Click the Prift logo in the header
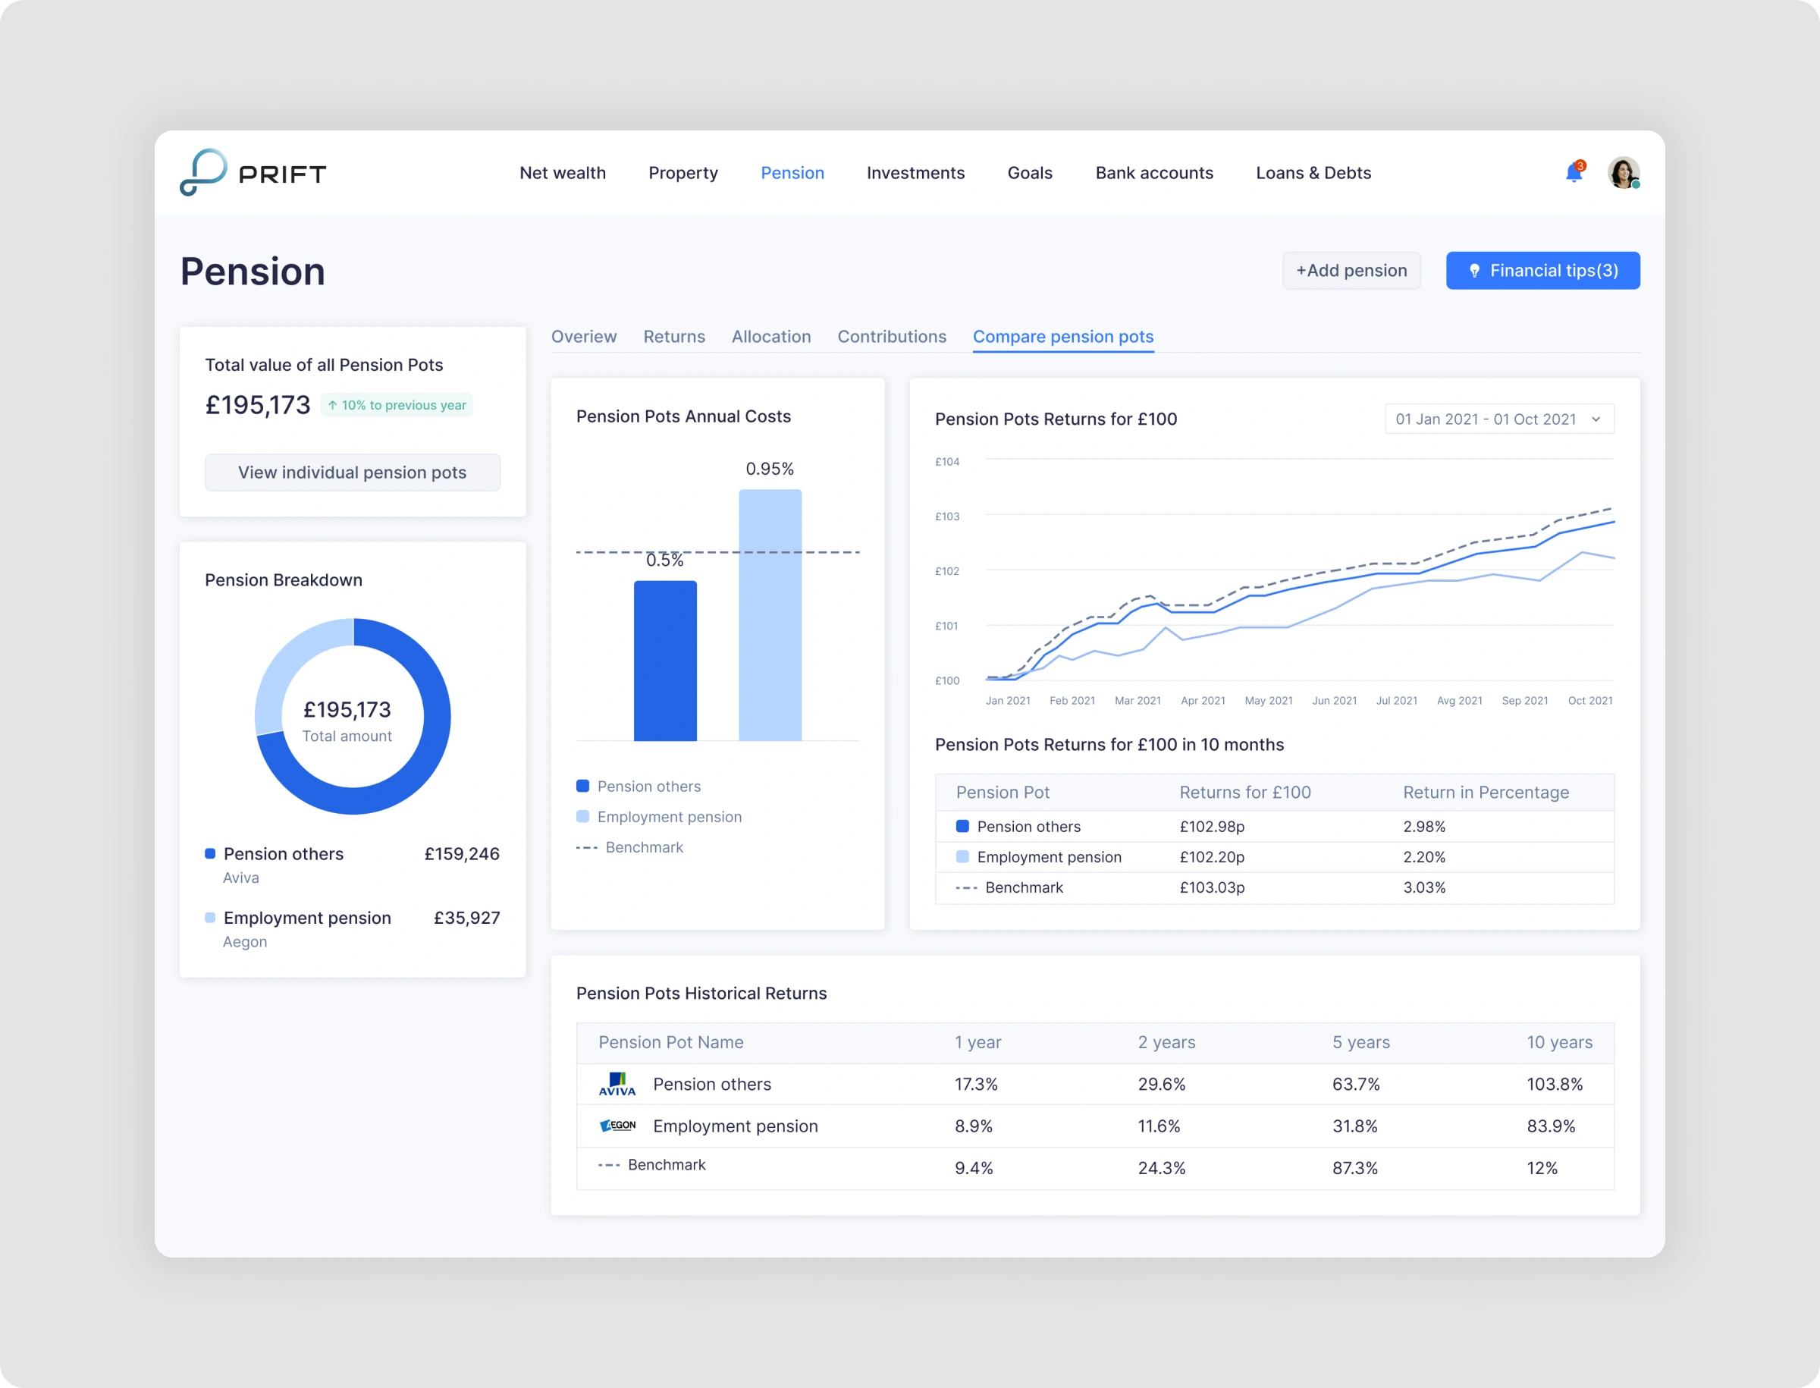pyautogui.click(x=253, y=173)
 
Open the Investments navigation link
pyautogui.click(x=915, y=173)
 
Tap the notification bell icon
pyautogui.click(x=1574, y=173)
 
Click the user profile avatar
pyautogui.click(x=1623, y=173)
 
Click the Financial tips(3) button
pyautogui.click(x=1542, y=271)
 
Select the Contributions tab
pyautogui.click(x=891, y=336)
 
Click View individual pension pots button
pyautogui.click(x=352, y=473)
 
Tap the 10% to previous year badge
pyautogui.click(x=397, y=405)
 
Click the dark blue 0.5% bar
pyautogui.click(x=665, y=661)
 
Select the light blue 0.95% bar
pyautogui.click(x=770, y=616)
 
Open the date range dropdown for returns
pyautogui.click(x=1498, y=419)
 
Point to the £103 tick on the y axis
pyautogui.click(x=946, y=517)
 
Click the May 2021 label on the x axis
pyautogui.click(x=1268, y=701)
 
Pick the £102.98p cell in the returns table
pyautogui.click(x=1211, y=826)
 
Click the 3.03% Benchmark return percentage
pyautogui.click(x=1424, y=887)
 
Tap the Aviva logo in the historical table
pyautogui.click(x=617, y=1084)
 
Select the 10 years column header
pyautogui.click(x=1559, y=1042)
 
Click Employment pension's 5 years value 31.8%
pyautogui.click(x=1355, y=1126)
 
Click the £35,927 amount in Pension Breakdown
pyautogui.click(x=467, y=918)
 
